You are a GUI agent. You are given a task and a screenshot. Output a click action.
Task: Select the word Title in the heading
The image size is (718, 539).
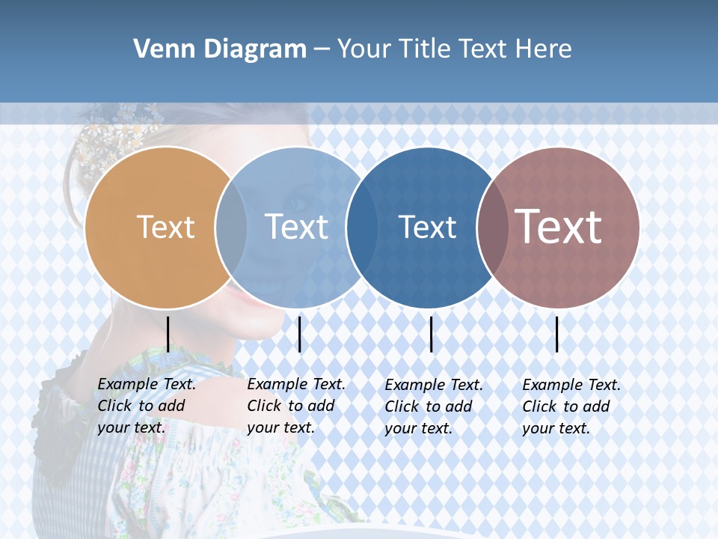tap(424, 49)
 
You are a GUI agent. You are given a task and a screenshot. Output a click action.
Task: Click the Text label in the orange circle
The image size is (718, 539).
tap(165, 227)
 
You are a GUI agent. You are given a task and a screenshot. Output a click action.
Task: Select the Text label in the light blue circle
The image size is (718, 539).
tap(297, 227)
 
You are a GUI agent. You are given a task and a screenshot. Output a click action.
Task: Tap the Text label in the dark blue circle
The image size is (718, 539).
tap(427, 227)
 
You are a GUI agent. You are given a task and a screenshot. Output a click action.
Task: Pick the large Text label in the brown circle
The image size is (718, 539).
tap(559, 227)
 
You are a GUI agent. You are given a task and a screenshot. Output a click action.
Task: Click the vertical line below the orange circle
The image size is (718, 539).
tap(168, 334)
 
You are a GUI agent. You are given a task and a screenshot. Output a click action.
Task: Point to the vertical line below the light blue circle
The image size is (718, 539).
tap(299, 334)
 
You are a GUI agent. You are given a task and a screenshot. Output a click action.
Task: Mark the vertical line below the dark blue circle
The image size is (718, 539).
tap(431, 334)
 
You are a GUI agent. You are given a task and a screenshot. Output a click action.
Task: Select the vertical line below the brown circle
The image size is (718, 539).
tap(556, 334)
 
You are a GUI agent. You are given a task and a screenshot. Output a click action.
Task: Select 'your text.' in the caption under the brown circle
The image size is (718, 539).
tap(556, 428)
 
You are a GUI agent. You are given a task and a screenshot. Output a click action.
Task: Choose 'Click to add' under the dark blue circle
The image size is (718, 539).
tap(429, 406)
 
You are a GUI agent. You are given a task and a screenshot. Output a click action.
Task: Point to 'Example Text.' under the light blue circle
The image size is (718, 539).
tap(296, 384)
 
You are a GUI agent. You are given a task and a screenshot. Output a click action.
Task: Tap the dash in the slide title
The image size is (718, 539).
tap(322, 49)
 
